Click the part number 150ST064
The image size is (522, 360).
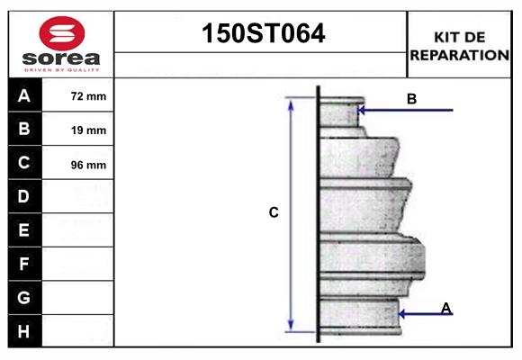click(x=261, y=33)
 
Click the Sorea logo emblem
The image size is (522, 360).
click(x=61, y=33)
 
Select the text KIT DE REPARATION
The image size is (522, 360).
click(x=459, y=46)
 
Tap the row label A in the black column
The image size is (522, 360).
click(x=24, y=95)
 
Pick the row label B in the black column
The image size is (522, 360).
click(x=24, y=130)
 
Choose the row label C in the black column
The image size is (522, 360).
click(x=24, y=163)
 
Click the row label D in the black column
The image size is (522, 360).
click(x=24, y=196)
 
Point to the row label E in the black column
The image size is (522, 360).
click(x=24, y=230)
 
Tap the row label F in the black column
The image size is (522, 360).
click(x=24, y=264)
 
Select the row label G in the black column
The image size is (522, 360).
click(x=24, y=297)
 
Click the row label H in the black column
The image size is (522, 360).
click(x=24, y=331)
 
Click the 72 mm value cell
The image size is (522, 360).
click(x=88, y=96)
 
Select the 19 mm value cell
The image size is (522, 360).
click(x=88, y=130)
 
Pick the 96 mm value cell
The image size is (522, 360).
click(x=88, y=165)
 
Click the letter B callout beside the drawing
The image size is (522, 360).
click(x=411, y=99)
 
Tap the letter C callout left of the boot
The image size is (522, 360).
click(x=274, y=213)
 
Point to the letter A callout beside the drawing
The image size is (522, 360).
click(x=446, y=308)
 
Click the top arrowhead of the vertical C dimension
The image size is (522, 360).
click(x=290, y=103)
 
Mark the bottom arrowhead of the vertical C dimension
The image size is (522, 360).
click(x=290, y=326)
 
